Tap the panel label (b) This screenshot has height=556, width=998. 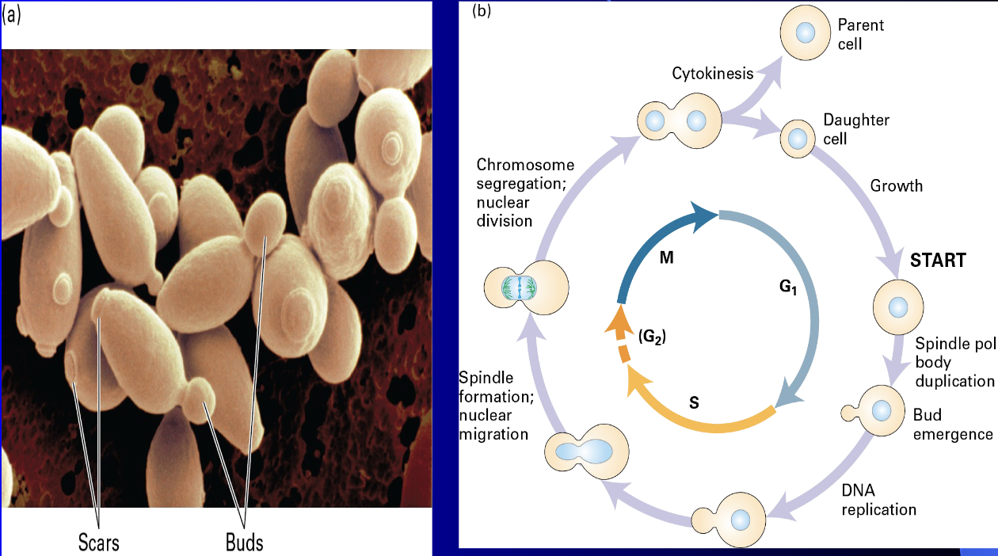[x=482, y=12]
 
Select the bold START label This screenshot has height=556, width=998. [x=938, y=260]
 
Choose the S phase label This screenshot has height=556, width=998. [x=694, y=402]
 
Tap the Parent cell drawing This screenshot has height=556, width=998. [x=804, y=34]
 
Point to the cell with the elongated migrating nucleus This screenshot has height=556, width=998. [x=587, y=452]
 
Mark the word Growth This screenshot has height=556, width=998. [x=897, y=186]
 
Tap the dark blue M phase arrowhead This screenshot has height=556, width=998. [x=705, y=214]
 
